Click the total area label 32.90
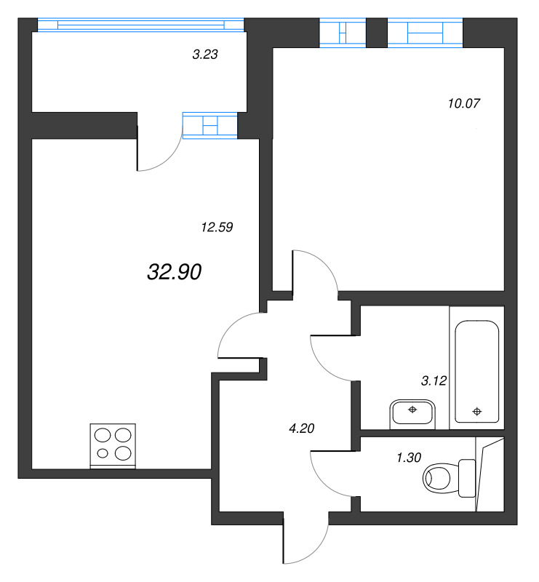[174, 272]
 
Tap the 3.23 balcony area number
[205, 54]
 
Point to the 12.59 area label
[216, 227]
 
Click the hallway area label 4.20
[301, 428]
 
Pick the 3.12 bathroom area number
[434, 380]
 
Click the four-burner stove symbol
[113, 445]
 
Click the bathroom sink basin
[412, 413]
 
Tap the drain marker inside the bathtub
[477, 412]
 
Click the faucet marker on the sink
[412, 410]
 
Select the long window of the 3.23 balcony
[140, 24]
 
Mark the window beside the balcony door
[210, 125]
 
